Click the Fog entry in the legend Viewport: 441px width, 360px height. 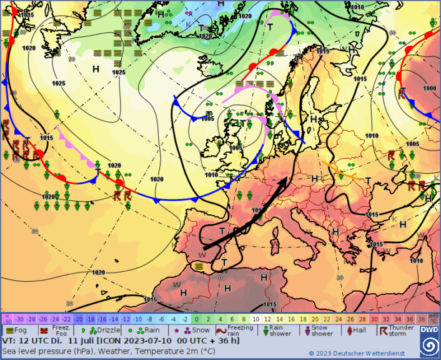point(16,330)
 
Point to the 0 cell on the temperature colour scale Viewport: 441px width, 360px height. point(196,318)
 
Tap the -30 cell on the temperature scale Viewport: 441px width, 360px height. point(19,318)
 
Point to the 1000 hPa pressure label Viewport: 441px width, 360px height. point(429,88)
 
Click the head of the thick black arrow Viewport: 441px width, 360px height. point(286,179)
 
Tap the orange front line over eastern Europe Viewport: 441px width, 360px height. point(341,169)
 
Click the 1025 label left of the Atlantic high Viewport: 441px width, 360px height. point(59,83)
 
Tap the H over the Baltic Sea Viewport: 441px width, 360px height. point(314,119)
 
